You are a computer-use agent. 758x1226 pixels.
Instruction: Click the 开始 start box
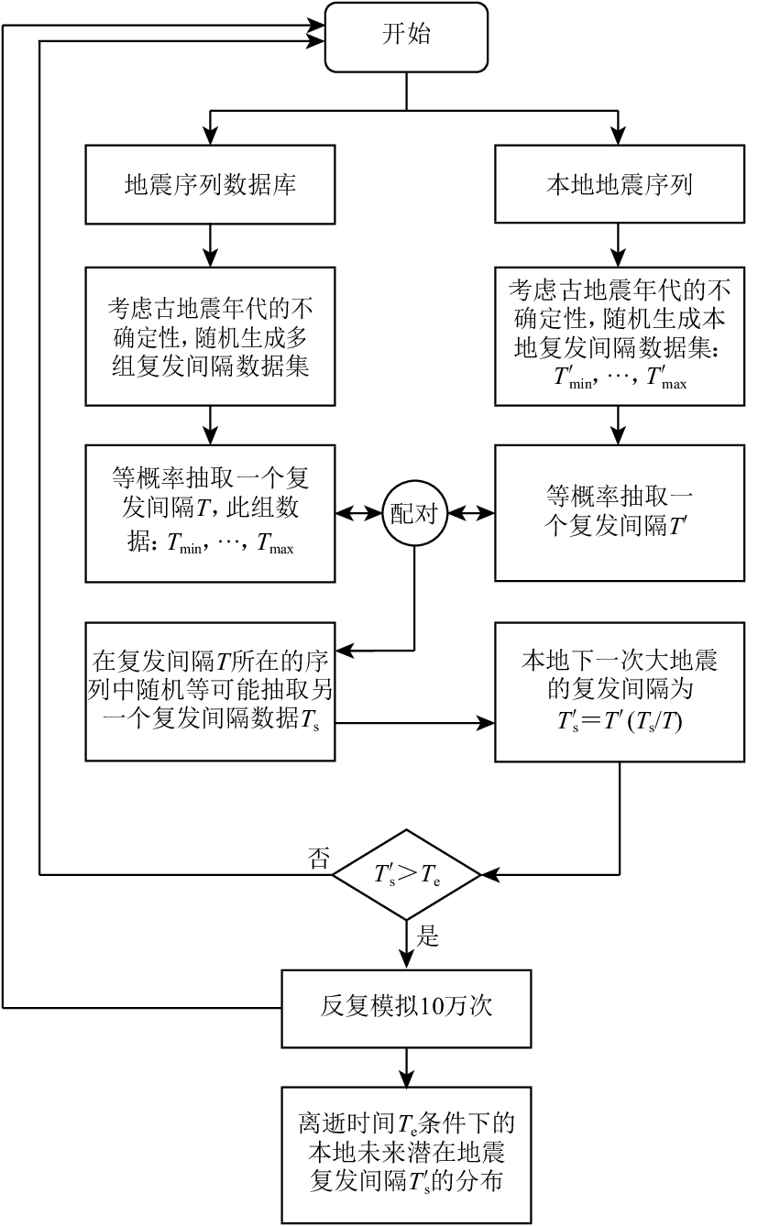(x=407, y=37)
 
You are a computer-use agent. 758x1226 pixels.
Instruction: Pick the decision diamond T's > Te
(x=406, y=875)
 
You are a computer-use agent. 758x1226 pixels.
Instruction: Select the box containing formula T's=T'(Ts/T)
(x=620, y=693)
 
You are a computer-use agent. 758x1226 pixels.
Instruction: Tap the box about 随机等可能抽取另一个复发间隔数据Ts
(x=210, y=693)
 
